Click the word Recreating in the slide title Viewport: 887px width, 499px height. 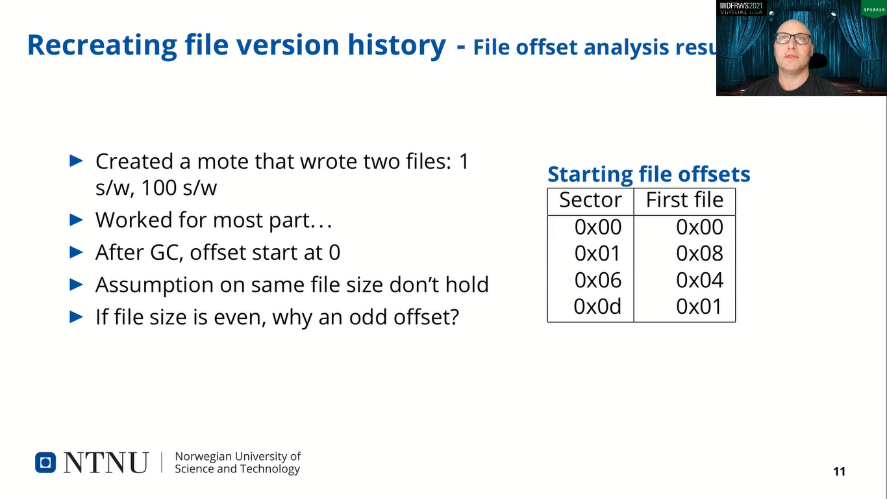(x=97, y=45)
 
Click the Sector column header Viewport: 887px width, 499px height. (x=590, y=200)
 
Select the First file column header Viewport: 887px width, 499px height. (x=684, y=200)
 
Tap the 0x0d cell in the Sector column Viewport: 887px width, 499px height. (x=597, y=307)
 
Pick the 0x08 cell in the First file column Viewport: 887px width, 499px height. (x=699, y=253)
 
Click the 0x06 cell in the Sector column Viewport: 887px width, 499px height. (x=598, y=280)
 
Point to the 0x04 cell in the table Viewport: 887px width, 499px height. (x=699, y=280)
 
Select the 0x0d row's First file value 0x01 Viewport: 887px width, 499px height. (x=699, y=307)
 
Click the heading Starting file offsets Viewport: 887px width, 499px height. (x=649, y=174)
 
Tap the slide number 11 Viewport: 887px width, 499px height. (x=839, y=472)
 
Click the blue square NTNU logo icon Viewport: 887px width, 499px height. (x=45, y=462)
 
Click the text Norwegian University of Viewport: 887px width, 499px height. (x=238, y=457)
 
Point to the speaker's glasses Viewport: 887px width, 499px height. (x=792, y=38)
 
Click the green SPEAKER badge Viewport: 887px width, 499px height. (x=873, y=9)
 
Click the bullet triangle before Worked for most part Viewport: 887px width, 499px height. (x=77, y=220)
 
